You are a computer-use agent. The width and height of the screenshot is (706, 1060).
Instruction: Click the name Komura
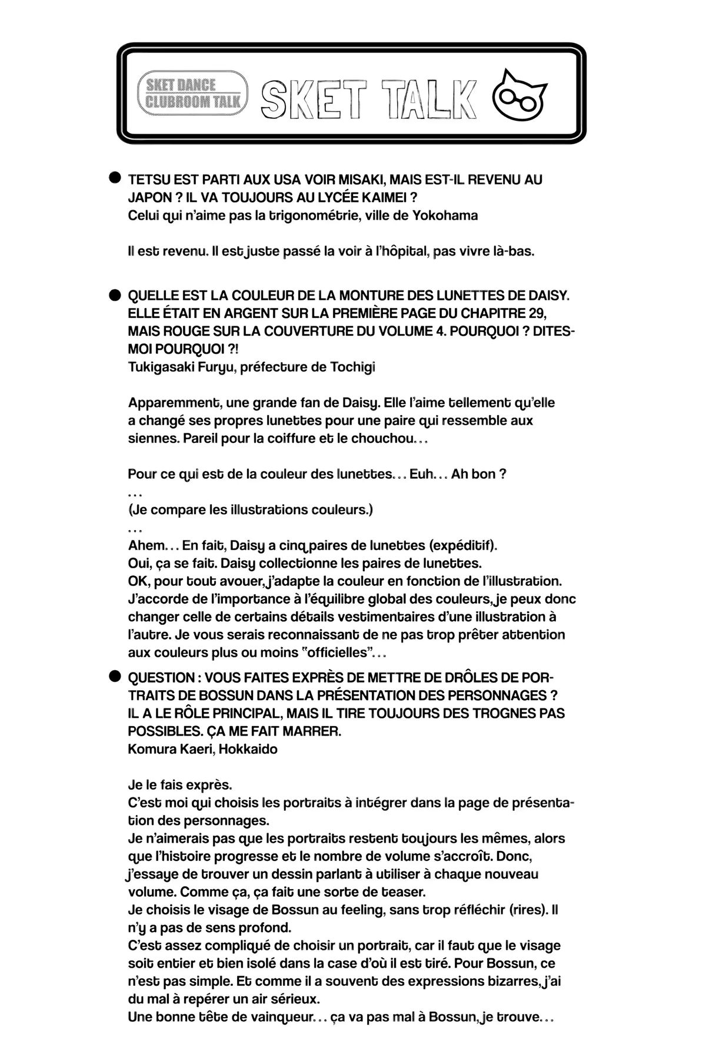149,749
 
